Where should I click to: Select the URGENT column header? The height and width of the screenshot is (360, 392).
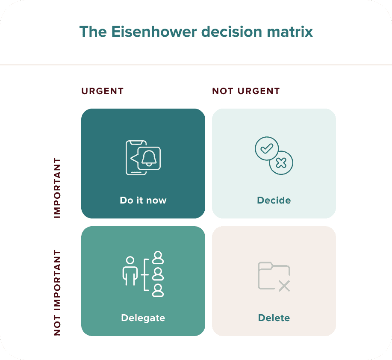coord(102,91)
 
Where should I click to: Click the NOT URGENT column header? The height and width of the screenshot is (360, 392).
coord(246,91)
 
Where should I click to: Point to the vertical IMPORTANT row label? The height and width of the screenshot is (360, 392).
coord(58,188)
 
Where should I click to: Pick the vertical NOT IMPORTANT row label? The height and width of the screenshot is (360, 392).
coord(58,293)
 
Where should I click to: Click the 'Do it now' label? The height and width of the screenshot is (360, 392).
coord(143,200)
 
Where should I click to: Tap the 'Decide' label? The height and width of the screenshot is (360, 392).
coord(274,200)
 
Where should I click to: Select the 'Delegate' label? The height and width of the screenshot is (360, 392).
coord(143,318)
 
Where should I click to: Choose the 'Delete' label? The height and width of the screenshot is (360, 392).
coord(274,318)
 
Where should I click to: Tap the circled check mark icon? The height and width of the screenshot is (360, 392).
coord(266,148)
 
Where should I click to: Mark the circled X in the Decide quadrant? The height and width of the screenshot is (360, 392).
coord(281,163)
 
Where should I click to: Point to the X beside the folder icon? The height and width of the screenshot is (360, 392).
coord(284,286)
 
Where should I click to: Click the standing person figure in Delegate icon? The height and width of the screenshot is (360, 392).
coord(130,271)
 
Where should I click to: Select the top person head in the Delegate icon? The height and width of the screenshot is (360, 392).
coord(159,257)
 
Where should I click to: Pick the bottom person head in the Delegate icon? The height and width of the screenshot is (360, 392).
coord(159,290)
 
